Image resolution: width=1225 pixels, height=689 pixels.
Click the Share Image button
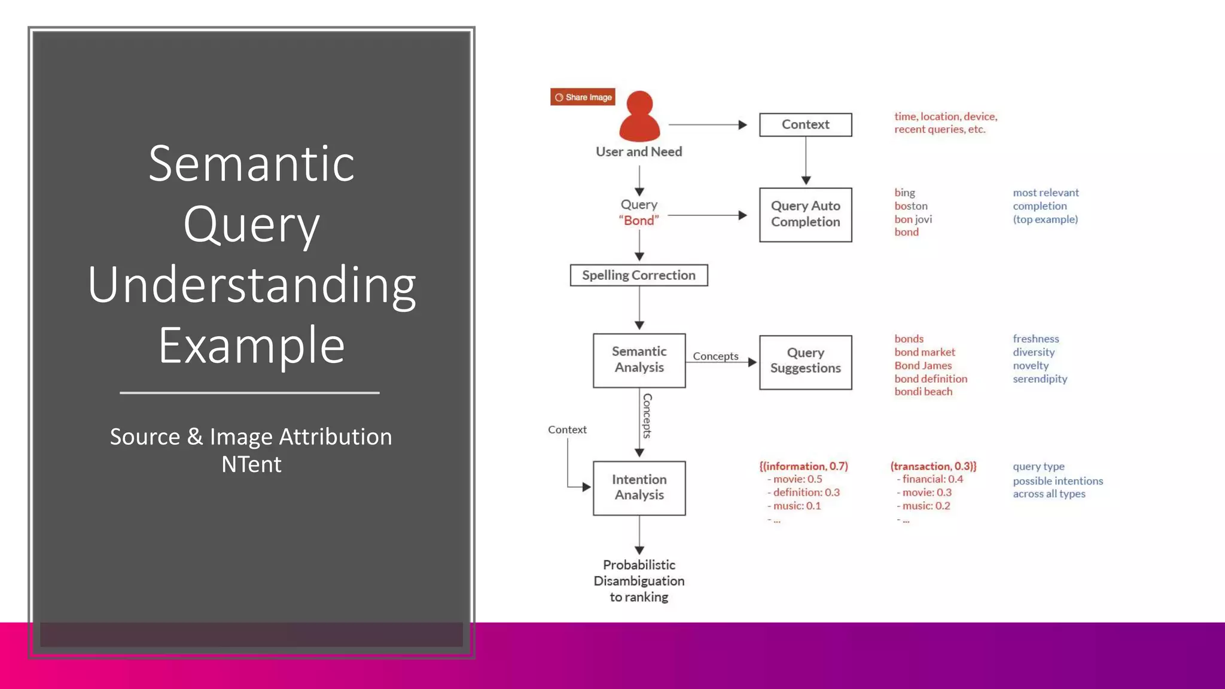[x=583, y=97]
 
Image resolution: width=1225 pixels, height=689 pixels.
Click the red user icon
[x=639, y=117]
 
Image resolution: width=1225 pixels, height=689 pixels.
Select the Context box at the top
[x=805, y=124]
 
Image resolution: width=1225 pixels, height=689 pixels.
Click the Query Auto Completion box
[x=805, y=214]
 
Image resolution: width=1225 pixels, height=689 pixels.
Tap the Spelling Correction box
[x=639, y=275]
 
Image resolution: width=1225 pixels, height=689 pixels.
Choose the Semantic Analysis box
[x=639, y=360]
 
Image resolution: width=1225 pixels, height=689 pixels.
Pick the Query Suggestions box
[x=805, y=361]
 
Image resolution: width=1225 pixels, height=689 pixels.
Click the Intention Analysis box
[x=639, y=487]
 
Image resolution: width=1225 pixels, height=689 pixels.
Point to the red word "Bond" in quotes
[x=639, y=221]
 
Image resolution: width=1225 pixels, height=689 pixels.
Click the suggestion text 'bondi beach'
[x=923, y=392]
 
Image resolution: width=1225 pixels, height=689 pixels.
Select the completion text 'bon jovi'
[x=913, y=219]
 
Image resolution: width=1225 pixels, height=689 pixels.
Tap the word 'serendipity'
[x=1040, y=379]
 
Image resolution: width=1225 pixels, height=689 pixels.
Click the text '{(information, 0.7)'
[x=803, y=466]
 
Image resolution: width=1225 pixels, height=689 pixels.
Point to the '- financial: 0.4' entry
[x=930, y=479]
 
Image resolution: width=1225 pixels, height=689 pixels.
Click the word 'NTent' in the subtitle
[x=251, y=464]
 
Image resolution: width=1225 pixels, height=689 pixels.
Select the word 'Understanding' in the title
[x=251, y=285]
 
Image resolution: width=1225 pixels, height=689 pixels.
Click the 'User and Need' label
[x=639, y=152]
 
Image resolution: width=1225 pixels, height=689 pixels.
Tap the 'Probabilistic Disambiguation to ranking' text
[x=639, y=581]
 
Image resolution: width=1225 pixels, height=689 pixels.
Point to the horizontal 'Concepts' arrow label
[x=715, y=356]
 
